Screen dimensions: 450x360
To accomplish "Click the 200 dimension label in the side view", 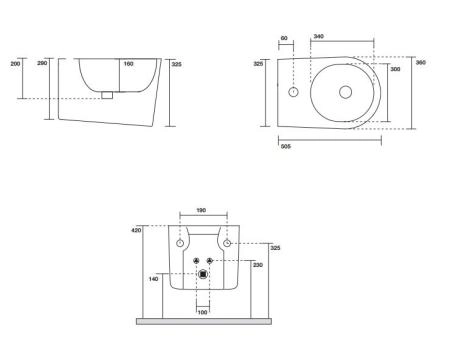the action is pos(15,63).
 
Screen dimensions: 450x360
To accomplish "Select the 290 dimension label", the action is pos(42,63).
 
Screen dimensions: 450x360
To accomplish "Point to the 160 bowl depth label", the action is pos(128,63).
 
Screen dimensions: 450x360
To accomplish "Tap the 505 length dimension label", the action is pos(286,146).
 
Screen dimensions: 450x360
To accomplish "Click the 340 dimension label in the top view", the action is pos(319,36).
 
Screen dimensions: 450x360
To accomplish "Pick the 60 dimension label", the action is pos(284,38).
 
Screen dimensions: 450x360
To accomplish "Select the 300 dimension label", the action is pos(395,69).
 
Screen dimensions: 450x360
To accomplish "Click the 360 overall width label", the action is pos(421,62).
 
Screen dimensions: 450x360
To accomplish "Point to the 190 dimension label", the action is pos(201,210).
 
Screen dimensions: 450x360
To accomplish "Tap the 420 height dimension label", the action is pos(137,230).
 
